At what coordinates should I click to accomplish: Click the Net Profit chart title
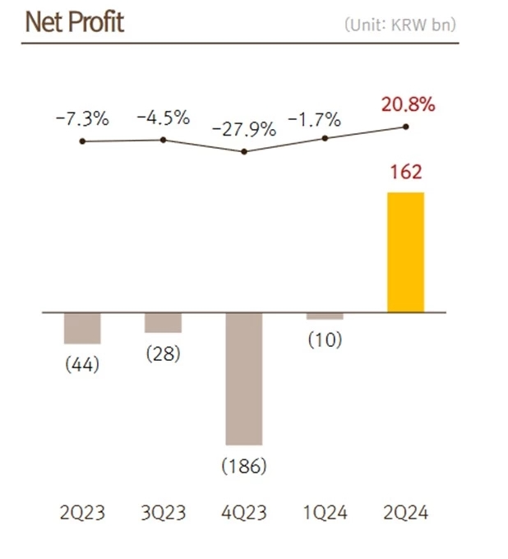[x=75, y=22]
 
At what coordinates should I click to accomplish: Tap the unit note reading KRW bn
[x=400, y=25]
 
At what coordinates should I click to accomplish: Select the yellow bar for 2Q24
[x=405, y=252]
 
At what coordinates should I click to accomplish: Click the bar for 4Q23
[x=244, y=378]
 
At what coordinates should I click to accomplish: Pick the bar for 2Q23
[x=82, y=328]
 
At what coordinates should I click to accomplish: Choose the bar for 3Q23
[x=163, y=322]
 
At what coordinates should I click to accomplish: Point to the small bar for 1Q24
[x=325, y=316]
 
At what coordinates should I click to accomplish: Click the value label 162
[x=405, y=173]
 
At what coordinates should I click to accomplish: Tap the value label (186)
[x=244, y=466]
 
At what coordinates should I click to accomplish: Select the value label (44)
[x=82, y=364]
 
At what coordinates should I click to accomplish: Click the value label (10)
[x=326, y=339]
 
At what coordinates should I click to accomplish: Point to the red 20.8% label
[x=407, y=104]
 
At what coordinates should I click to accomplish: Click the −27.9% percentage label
[x=244, y=130]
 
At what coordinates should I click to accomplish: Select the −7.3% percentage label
[x=82, y=118]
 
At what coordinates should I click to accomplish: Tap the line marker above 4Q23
[x=244, y=151]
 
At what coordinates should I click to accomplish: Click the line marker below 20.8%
[x=405, y=126]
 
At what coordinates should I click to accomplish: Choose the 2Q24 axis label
[x=405, y=514]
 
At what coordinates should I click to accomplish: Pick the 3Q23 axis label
[x=163, y=514]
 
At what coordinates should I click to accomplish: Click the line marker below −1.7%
[x=325, y=138]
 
